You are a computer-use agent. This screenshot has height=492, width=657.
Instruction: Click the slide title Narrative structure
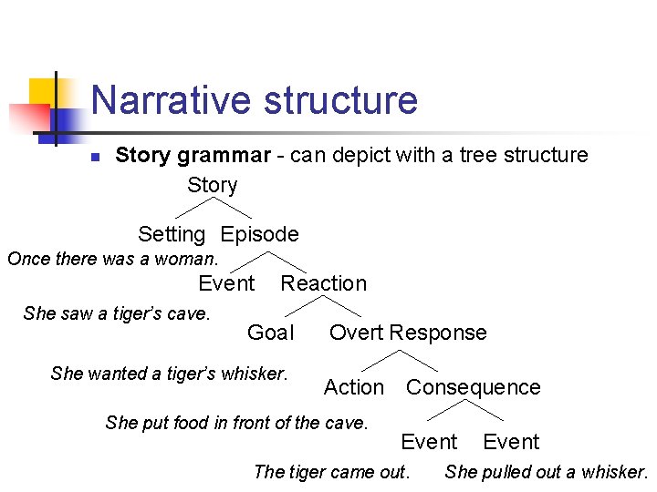[254, 100]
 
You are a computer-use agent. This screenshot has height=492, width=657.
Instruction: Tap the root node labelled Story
[212, 185]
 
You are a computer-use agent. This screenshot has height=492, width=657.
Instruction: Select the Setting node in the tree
[172, 234]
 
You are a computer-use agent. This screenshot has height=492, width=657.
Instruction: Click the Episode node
[260, 234]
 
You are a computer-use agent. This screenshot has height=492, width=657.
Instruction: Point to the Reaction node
[323, 283]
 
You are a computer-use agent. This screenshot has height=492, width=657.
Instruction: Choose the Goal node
[271, 333]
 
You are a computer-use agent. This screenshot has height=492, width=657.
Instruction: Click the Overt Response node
[408, 333]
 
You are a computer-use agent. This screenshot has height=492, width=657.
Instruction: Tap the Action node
[354, 387]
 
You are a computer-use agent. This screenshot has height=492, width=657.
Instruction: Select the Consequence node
[473, 387]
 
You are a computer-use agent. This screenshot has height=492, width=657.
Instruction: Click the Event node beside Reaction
[226, 283]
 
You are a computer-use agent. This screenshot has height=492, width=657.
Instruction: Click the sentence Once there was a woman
[113, 259]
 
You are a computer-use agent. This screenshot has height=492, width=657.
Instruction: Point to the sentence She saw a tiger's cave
[117, 313]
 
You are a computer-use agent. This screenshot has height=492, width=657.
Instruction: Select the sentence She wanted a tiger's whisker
[169, 373]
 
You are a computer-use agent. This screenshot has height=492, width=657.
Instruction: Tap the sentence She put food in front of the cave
[236, 422]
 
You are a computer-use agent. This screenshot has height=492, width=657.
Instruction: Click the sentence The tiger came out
[331, 471]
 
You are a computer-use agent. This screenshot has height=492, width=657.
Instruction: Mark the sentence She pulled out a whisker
[546, 471]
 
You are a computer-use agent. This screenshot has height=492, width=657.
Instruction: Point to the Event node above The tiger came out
[429, 442]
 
